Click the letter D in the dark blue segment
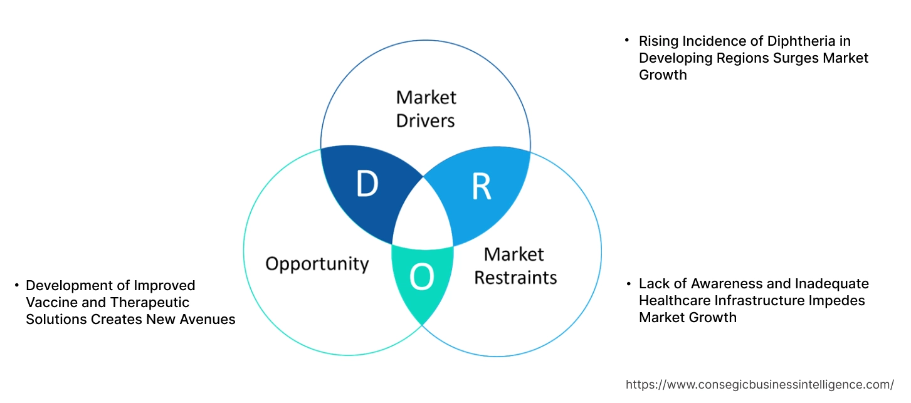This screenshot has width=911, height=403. (367, 184)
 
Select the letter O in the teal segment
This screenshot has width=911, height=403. (421, 278)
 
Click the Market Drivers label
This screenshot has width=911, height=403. (426, 108)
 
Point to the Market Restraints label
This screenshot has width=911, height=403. (515, 265)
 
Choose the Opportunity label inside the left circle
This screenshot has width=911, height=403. (317, 263)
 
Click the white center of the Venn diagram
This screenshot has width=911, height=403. (423, 216)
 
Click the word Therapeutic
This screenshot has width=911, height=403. (150, 302)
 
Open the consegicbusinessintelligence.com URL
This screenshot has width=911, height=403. (760, 384)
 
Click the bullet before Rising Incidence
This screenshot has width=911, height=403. (626, 40)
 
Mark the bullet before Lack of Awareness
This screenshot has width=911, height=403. (628, 284)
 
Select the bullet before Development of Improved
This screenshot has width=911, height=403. (17, 286)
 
